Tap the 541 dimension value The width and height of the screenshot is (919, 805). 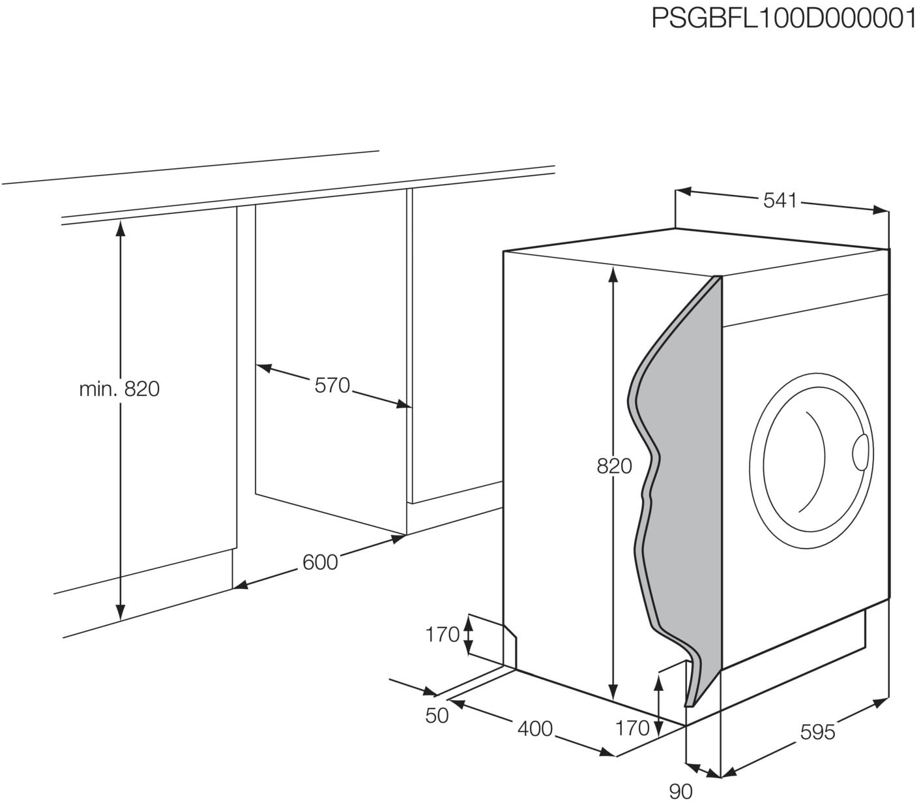click(x=780, y=201)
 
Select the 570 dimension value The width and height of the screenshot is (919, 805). click(x=332, y=386)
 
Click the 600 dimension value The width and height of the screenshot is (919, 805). click(x=320, y=562)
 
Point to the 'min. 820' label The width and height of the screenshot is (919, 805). click(x=119, y=389)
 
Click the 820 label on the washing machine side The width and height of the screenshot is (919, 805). click(x=614, y=466)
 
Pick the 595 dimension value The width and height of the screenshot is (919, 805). click(x=817, y=732)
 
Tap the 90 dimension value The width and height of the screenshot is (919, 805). click(x=680, y=791)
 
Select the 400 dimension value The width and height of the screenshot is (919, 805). click(x=534, y=728)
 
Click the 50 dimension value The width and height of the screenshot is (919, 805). click(x=437, y=716)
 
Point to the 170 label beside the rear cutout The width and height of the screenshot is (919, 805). click(x=443, y=634)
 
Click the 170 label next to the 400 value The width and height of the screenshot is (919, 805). click(x=632, y=728)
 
